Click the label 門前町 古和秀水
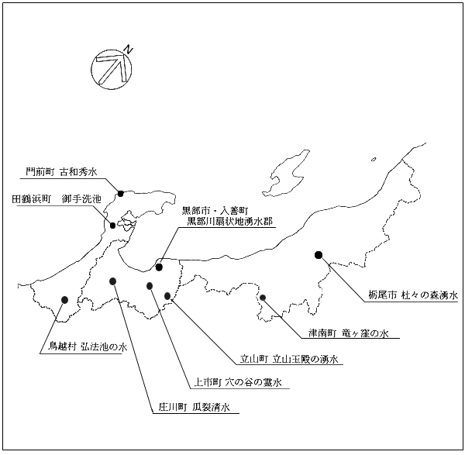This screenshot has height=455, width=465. click(x=61, y=172)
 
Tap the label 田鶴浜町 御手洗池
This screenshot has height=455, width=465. click(x=57, y=198)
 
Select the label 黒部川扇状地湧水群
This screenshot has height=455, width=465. click(x=229, y=221)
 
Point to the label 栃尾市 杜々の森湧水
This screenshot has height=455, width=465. click(x=413, y=295)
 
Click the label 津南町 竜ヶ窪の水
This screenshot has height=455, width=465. click(x=349, y=333)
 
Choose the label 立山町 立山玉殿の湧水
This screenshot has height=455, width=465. click(x=289, y=359)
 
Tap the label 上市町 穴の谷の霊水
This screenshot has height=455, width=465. click(x=238, y=382)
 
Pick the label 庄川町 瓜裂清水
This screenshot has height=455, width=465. click(x=194, y=407)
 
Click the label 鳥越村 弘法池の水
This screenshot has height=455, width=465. click(x=88, y=346)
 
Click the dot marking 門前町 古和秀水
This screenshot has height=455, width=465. click(x=120, y=193)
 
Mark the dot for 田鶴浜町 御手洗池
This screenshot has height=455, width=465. click(x=112, y=226)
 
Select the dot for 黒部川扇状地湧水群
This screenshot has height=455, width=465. click(x=159, y=267)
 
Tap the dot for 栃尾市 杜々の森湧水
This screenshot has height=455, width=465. click(x=319, y=255)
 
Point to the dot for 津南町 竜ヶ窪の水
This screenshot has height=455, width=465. click(x=263, y=297)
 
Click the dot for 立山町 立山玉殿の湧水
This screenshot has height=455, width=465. click(x=167, y=296)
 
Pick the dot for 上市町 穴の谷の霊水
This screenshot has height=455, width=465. click(x=150, y=286)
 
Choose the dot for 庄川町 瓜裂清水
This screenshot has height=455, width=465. click(x=112, y=281)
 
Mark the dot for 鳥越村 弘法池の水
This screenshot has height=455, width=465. click(x=64, y=300)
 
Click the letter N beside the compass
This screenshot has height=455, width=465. click(x=128, y=50)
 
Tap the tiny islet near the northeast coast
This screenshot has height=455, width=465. click(x=374, y=159)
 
